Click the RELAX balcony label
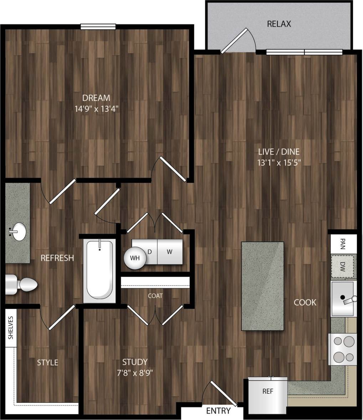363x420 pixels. [x=279, y=24]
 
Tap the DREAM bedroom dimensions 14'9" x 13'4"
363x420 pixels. [x=96, y=108]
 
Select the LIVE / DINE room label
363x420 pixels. [x=278, y=152]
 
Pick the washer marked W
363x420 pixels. [x=170, y=252]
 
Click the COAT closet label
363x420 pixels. [x=155, y=295]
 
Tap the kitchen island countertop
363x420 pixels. [x=263, y=286]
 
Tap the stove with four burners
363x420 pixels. [x=342, y=349]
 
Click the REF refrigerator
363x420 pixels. [x=267, y=394]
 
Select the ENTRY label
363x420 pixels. [x=218, y=411]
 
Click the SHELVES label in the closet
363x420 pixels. [x=11, y=327]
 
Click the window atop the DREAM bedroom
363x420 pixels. [x=98, y=26]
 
